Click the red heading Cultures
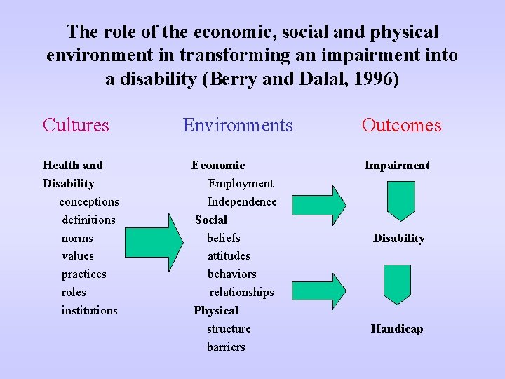(76, 125)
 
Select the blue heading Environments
(238, 125)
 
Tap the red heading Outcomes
(401, 125)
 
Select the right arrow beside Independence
(319, 204)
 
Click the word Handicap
(397, 328)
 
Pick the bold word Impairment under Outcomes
(397, 166)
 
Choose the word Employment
(241, 184)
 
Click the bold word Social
(211, 220)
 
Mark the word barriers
(226, 347)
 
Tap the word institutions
(90, 310)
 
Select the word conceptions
(89, 202)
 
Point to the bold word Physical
(216, 310)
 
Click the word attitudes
(229, 256)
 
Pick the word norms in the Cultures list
(77, 238)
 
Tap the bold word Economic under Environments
(218, 166)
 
